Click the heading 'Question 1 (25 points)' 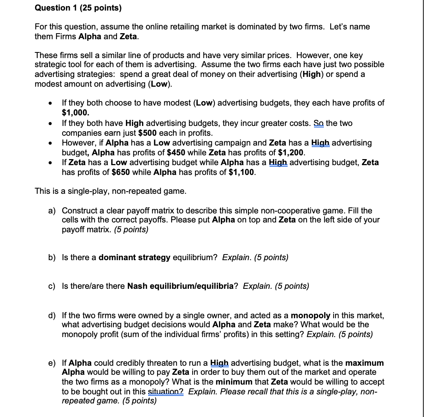pos(78,8)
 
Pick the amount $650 pos(121,172)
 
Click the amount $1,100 pos(241,172)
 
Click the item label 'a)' pos(52,211)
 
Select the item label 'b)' pos(52,258)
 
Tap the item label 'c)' pos(52,286)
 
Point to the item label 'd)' pos(52,316)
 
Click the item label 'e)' pos(52,363)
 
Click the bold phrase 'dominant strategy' pos(134,258)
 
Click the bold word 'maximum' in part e pos(364,363)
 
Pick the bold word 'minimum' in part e pos(234,382)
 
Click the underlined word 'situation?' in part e pos(166,392)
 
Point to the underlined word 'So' pos(319,123)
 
